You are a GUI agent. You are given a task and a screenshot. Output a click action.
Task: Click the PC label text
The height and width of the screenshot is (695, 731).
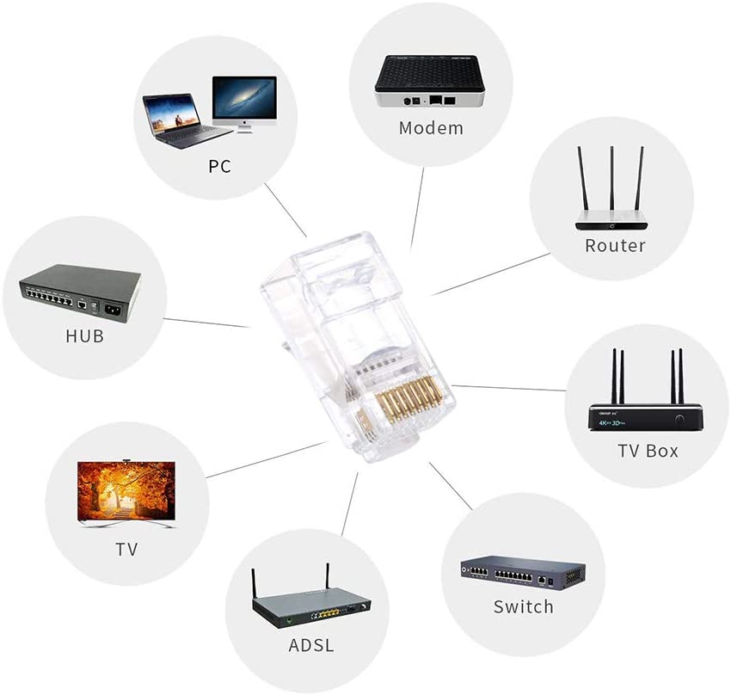point(219,166)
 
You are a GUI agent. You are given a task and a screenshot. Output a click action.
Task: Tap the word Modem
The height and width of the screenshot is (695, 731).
point(431,128)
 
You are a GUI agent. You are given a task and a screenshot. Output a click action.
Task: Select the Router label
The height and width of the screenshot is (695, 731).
point(615,245)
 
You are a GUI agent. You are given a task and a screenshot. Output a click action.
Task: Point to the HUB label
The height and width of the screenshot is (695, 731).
point(84,335)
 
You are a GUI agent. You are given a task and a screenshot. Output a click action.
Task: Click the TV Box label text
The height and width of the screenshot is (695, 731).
point(648,450)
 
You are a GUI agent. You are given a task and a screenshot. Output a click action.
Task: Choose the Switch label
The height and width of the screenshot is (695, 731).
point(523,606)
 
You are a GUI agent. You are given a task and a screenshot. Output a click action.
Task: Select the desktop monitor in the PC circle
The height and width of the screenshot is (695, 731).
point(244,101)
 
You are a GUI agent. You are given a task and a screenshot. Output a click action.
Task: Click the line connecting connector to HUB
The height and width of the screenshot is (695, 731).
point(206,323)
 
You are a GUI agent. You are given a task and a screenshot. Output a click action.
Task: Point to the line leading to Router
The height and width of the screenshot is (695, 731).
point(490,274)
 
